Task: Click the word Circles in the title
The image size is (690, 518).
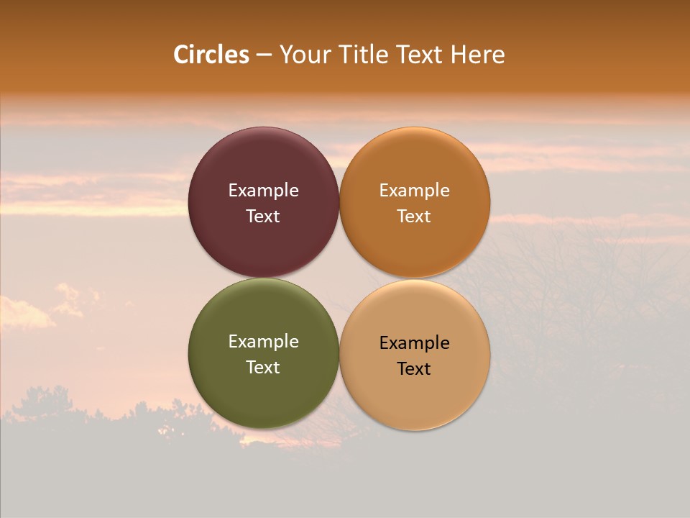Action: (211, 55)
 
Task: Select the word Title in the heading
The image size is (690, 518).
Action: (364, 55)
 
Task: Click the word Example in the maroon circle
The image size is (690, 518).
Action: (263, 191)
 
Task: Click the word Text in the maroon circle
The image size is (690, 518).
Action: (263, 217)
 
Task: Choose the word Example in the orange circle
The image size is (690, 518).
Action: (415, 191)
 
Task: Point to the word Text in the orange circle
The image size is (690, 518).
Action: (415, 217)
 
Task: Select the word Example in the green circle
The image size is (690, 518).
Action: (263, 342)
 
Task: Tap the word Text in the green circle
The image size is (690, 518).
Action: (263, 368)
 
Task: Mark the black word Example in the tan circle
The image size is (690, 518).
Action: (415, 343)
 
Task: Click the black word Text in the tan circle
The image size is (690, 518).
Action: (415, 369)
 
